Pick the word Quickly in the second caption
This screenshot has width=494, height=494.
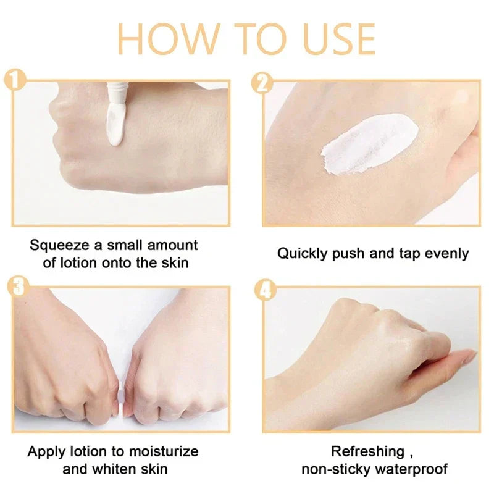(301, 253)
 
